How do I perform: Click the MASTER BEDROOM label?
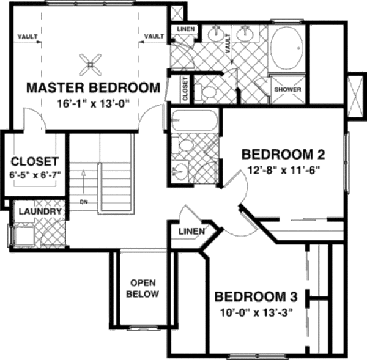click(93, 87)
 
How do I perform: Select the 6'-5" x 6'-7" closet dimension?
click(34, 175)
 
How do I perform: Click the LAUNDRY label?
click(40, 211)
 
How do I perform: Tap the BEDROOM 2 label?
click(283, 154)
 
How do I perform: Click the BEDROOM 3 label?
click(256, 298)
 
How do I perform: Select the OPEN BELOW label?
click(143, 288)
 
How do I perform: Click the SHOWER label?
click(287, 90)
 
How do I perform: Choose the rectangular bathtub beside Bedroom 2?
click(195, 120)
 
